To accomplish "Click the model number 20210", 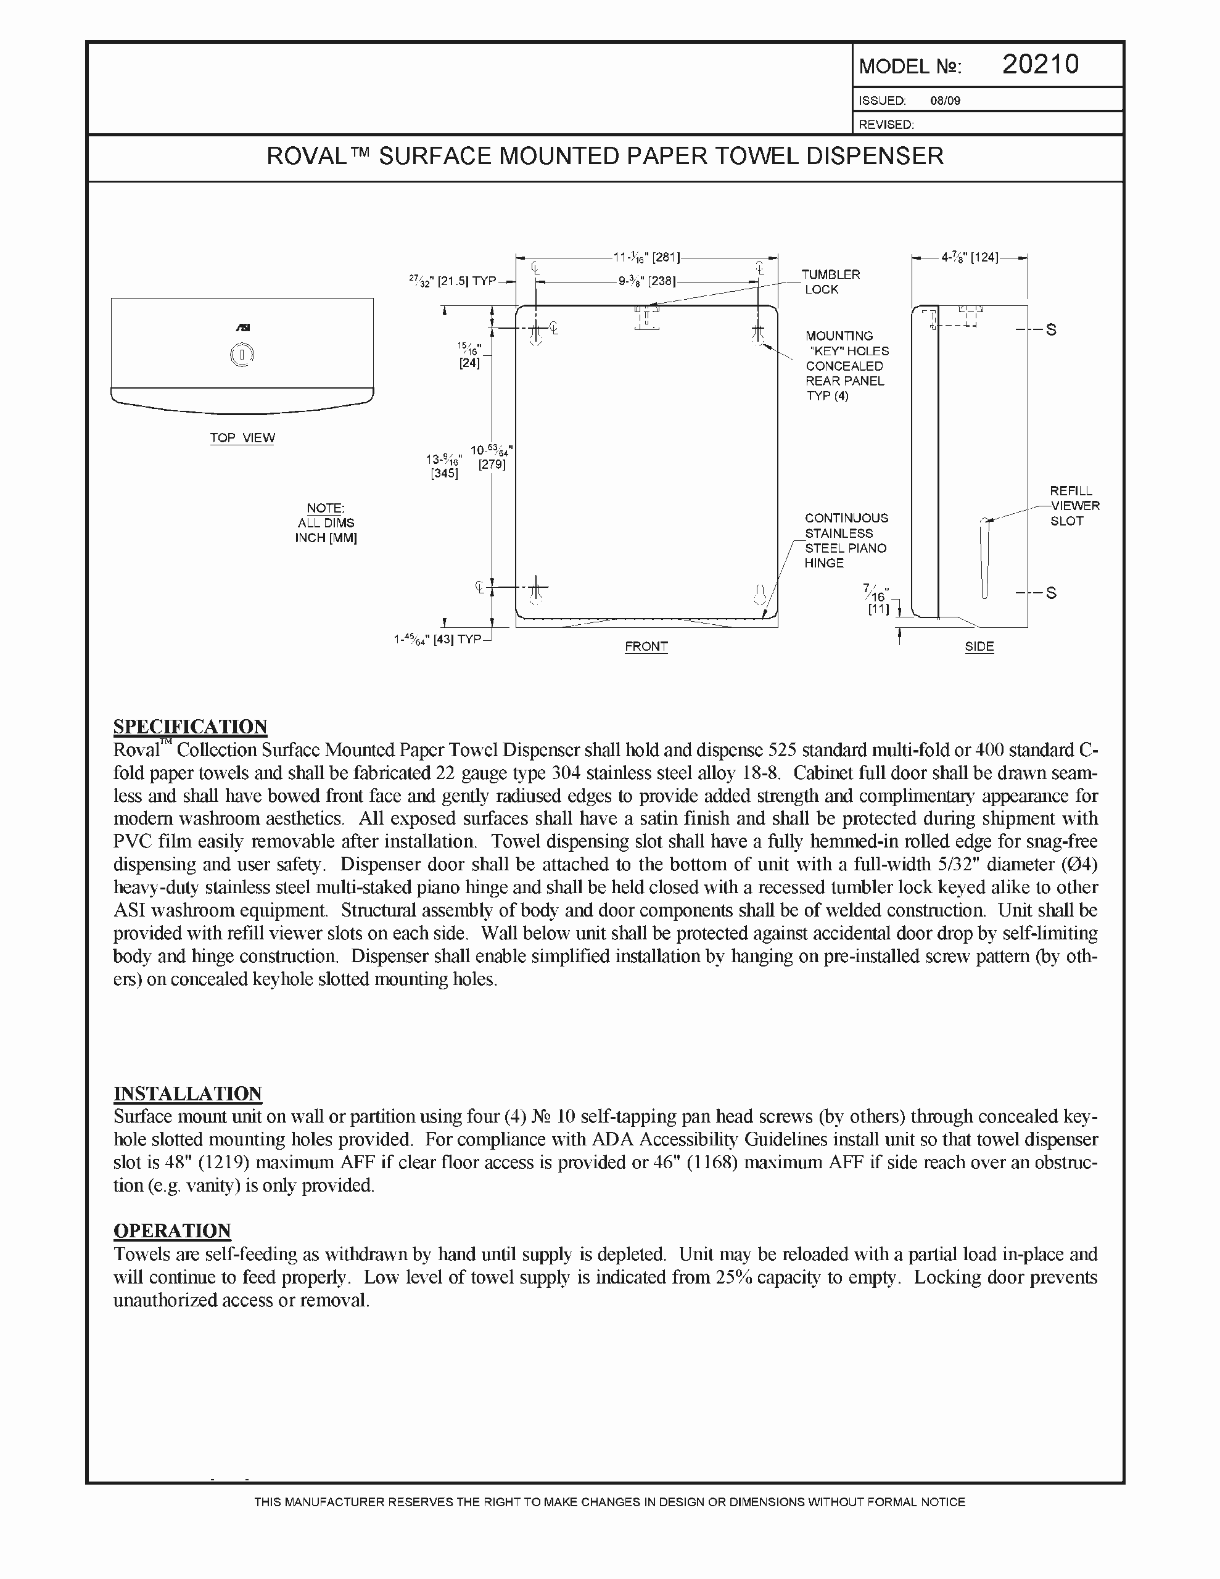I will click(x=1040, y=65).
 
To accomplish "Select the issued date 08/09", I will click(x=944, y=101).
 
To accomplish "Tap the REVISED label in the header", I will click(x=886, y=125).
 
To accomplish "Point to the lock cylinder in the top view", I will click(x=242, y=355).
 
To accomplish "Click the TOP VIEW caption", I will click(x=242, y=437).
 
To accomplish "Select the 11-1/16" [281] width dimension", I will click(x=646, y=257).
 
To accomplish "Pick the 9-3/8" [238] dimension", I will click(x=646, y=281).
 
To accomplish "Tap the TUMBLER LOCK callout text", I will click(x=831, y=282).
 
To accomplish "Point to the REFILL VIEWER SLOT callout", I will click(x=1074, y=505).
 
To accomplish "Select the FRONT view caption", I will click(x=646, y=646).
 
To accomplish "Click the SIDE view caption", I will click(x=979, y=646).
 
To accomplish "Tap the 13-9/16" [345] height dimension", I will click(x=444, y=466).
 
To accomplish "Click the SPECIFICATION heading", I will click(x=190, y=727).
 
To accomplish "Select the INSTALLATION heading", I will click(x=188, y=1093).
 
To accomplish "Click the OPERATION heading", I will click(x=172, y=1231).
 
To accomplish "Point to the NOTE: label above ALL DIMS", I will click(x=326, y=508).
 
